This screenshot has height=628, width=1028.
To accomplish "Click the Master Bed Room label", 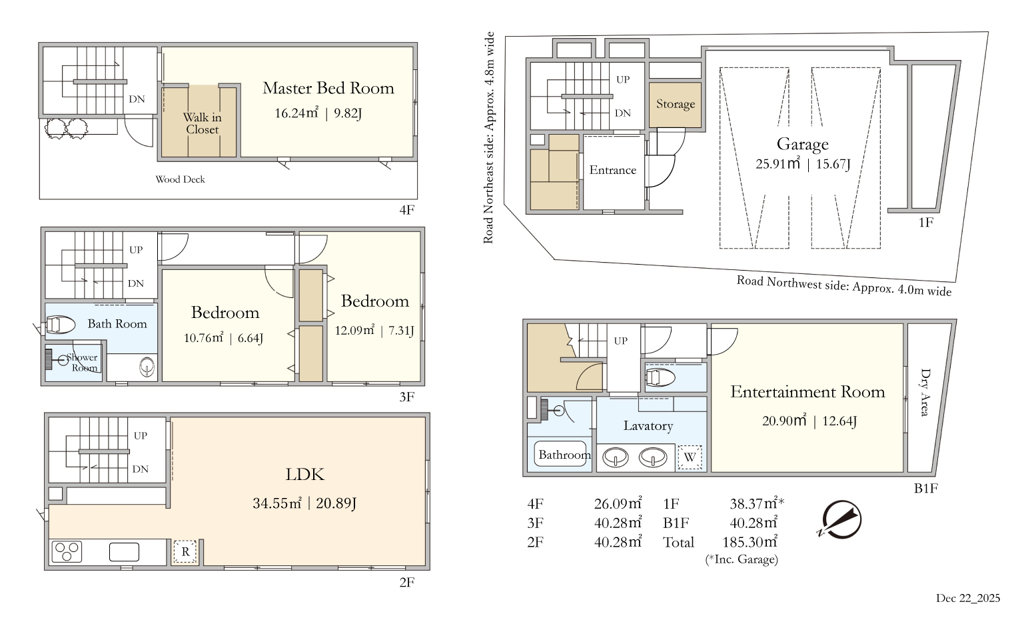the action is (x=328, y=88).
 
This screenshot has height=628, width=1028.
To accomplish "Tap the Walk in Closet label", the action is (x=202, y=123).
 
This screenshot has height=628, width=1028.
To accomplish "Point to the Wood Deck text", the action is (x=180, y=179).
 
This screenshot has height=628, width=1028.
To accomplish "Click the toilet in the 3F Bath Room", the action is (x=60, y=325).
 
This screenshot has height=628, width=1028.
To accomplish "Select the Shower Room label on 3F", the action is (x=82, y=363).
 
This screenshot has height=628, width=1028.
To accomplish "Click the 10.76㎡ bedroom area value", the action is (x=203, y=338).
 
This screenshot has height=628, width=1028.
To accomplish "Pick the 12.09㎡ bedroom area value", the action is (x=354, y=330).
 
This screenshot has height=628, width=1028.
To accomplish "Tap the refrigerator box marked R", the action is (x=185, y=552).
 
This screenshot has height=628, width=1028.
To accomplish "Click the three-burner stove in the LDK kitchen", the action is (x=67, y=552).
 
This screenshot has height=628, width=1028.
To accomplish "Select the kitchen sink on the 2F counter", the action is (x=124, y=552).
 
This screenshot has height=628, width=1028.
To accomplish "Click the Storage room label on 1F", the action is (x=675, y=104).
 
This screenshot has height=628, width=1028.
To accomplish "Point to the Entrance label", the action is (x=613, y=170).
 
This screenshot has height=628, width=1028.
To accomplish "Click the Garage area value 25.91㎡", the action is (x=778, y=164).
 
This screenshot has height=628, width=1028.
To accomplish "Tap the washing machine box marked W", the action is (x=690, y=457).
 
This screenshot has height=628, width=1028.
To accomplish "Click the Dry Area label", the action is (x=924, y=392).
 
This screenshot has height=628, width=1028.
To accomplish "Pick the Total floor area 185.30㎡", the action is (x=750, y=542).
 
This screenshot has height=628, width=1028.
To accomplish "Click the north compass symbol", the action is (x=841, y=519).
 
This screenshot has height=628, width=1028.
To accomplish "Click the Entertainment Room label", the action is (x=807, y=392).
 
